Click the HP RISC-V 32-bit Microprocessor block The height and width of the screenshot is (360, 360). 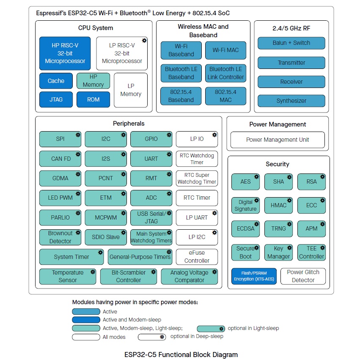(65, 53)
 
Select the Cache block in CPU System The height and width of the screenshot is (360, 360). (56, 81)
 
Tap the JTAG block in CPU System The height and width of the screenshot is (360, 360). (56, 99)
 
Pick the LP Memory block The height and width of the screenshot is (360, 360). (131, 90)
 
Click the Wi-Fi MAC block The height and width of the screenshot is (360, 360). (225, 50)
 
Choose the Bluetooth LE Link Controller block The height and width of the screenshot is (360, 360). (225, 73)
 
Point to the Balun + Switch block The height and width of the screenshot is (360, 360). (291, 43)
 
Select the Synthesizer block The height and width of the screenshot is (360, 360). (291, 101)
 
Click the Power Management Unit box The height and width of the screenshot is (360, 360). (278, 140)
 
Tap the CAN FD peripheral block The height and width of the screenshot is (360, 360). (60, 159)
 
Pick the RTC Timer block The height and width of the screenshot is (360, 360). (197, 198)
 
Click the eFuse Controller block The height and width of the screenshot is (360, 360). (197, 257)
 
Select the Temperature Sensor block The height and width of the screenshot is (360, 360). (68, 276)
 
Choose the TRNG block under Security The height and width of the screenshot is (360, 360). (278, 229)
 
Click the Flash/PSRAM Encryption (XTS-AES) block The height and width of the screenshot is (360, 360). (254, 276)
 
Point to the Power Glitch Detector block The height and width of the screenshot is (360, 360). (303, 276)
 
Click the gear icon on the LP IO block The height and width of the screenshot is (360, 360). (214, 135)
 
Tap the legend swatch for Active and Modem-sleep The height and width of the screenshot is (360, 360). (86, 319)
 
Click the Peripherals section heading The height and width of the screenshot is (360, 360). (129, 124)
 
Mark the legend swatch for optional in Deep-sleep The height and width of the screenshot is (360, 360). (152, 337)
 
